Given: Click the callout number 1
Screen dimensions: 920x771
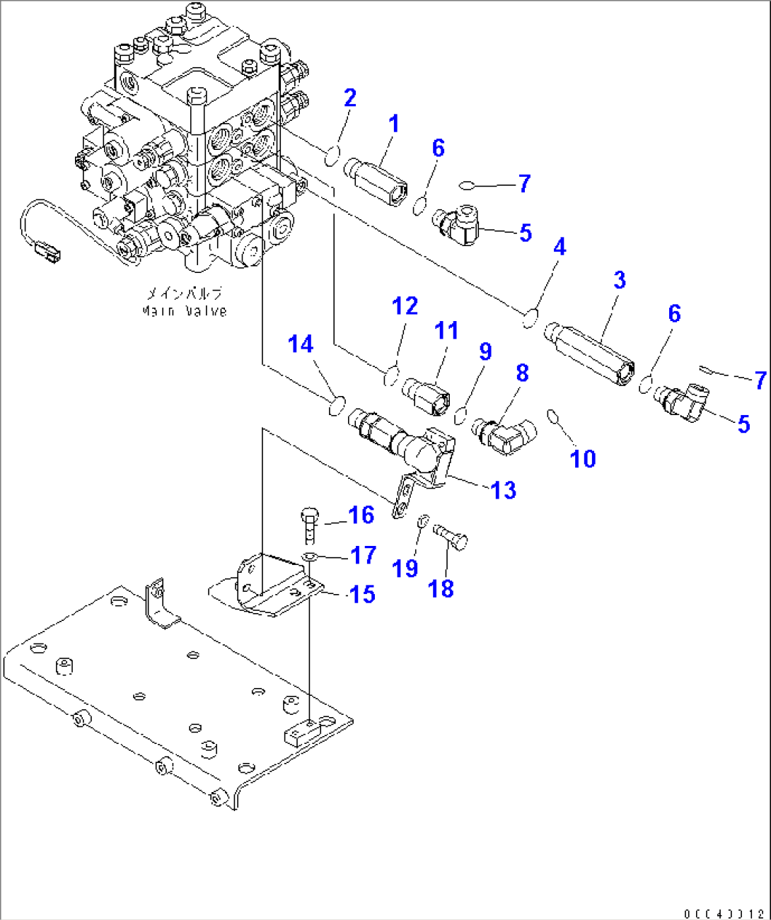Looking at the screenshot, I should (x=394, y=124).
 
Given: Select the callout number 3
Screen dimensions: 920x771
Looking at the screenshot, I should (x=620, y=280).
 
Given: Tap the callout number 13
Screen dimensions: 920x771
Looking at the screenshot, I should (x=504, y=490).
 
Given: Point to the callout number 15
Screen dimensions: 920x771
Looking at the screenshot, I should (x=362, y=594).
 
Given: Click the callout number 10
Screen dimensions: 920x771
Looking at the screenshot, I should (x=583, y=459).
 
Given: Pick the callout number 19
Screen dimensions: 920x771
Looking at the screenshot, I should (x=405, y=568).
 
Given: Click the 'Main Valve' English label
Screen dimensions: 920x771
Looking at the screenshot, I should (x=185, y=311).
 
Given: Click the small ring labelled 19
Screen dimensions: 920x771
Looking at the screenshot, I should (x=422, y=522).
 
